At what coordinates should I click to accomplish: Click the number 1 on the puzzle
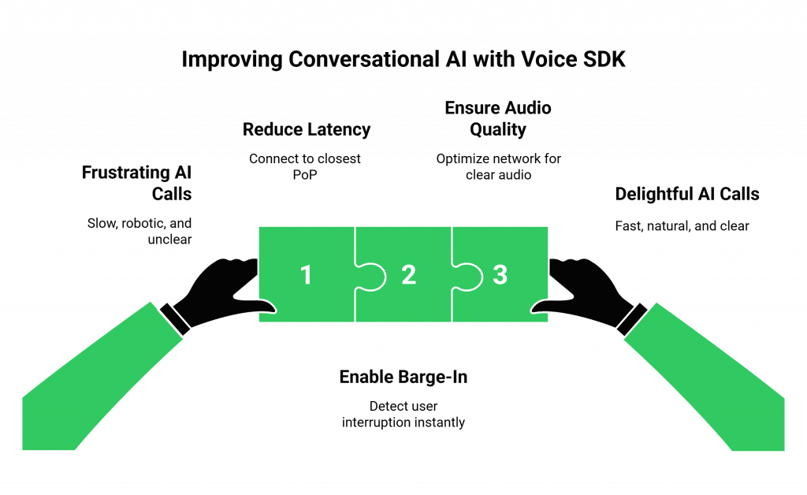pyautogui.click(x=306, y=275)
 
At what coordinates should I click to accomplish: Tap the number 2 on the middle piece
pyautogui.click(x=408, y=275)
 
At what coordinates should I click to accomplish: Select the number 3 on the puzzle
pyautogui.click(x=500, y=275)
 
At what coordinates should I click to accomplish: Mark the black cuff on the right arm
pyautogui.click(x=631, y=317)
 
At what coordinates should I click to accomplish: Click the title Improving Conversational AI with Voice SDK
pyautogui.click(x=403, y=61)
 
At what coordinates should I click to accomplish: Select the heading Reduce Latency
pyautogui.click(x=306, y=129)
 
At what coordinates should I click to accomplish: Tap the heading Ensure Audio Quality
pyautogui.click(x=497, y=118)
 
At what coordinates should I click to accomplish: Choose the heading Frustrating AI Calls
pyautogui.click(x=139, y=183)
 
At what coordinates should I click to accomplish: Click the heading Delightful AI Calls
pyautogui.click(x=686, y=194)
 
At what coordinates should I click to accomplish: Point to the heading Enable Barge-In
pyautogui.click(x=403, y=377)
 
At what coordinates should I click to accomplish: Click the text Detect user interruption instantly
pyautogui.click(x=403, y=415)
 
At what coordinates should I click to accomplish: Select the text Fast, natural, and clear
pyautogui.click(x=682, y=226)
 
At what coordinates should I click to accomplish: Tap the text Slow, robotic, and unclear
pyautogui.click(x=142, y=232)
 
